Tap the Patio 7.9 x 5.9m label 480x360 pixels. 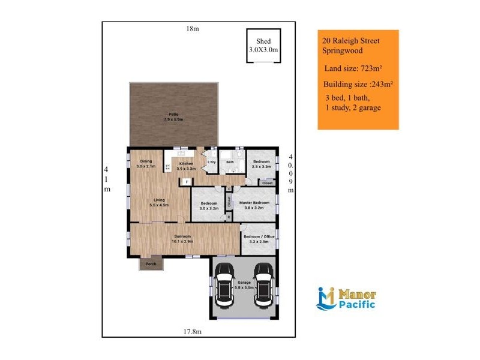pos(173,116)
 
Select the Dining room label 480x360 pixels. pos(146,164)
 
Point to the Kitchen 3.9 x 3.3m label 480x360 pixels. pos(187,166)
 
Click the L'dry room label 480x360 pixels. pos(211,162)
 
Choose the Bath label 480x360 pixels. pos(230,162)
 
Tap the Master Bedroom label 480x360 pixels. pos(254,206)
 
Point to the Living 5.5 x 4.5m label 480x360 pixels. pos(159,202)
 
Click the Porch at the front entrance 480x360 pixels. pos(151,264)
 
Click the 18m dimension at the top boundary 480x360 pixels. pos(192,29)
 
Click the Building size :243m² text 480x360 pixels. pos(358,84)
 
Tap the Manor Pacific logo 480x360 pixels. pos(346,299)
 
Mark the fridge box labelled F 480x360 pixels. pos(187,181)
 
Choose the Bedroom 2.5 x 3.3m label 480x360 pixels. pos(261,164)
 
